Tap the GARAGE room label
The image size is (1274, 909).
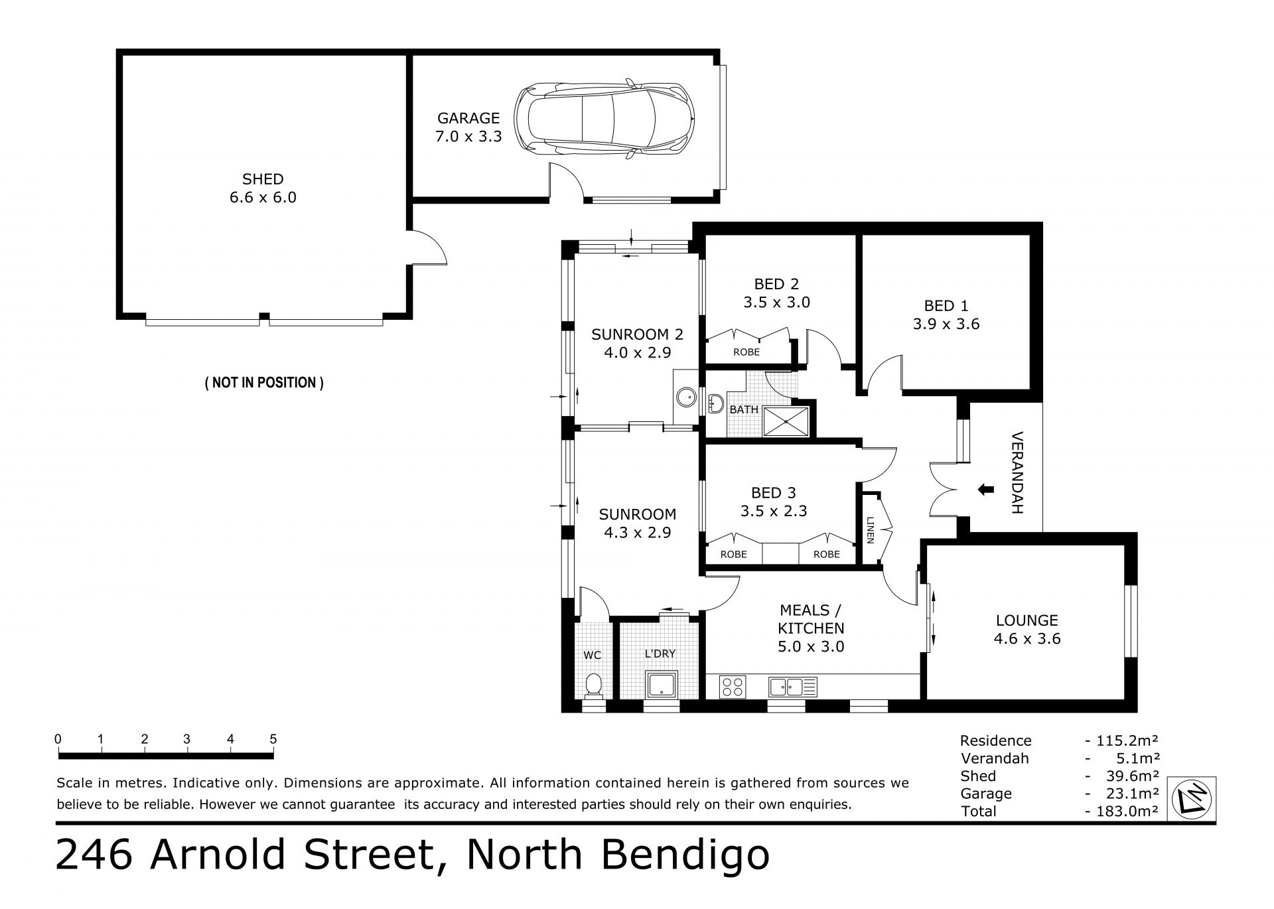pyautogui.click(x=468, y=118)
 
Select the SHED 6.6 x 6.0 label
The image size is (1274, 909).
pyautogui.click(x=263, y=188)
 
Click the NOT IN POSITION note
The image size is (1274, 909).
pyautogui.click(x=264, y=383)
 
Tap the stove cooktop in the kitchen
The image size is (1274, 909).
pyautogui.click(x=733, y=686)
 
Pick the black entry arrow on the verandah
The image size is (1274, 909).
pyautogui.click(x=986, y=490)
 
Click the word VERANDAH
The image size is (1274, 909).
pyautogui.click(x=1017, y=473)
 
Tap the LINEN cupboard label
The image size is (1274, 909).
pyautogui.click(x=870, y=529)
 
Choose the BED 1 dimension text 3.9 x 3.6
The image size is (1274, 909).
pyautogui.click(x=946, y=324)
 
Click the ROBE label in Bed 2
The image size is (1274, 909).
pyautogui.click(x=746, y=352)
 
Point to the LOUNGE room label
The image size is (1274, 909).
pyautogui.click(x=1026, y=620)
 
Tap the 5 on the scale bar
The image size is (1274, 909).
pyautogui.click(x=273, y=739)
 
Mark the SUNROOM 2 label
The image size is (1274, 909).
pyautogui.click(x=637, y=334)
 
